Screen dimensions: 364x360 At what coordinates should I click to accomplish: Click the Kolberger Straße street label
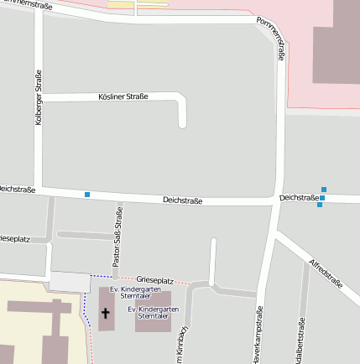(x=39, y=98)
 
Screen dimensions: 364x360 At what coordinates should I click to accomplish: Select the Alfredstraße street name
(x=326, y=273)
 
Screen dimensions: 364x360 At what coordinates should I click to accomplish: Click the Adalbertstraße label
(x=300, y=342)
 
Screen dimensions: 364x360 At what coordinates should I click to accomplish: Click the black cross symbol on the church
(x=106, y=314)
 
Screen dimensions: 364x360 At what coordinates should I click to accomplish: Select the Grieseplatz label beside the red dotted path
(x=154, y=279)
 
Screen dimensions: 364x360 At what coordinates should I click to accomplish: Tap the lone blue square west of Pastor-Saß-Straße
(x=87, y=195)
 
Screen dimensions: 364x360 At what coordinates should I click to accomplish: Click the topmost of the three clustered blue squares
(x=324, y=190)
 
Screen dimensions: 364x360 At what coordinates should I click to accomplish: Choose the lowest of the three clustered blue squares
(x=320, y=205)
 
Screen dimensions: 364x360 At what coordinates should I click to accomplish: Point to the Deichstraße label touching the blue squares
(x=298, y=198)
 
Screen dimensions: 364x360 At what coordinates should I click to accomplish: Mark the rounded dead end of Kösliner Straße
(x=182, y=124)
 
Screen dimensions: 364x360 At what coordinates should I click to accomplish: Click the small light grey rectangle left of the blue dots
(x=70, y=282)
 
